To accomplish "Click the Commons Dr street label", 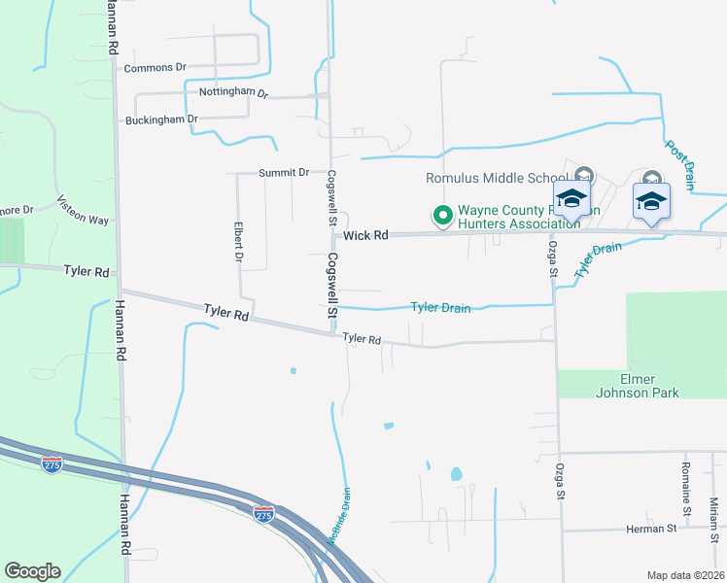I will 155,68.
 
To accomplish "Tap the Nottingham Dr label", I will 232,92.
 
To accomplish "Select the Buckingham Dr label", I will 161,120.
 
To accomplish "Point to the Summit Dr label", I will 284,172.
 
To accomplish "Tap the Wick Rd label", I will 365,235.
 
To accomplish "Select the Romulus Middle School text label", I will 497,178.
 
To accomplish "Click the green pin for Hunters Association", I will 443,215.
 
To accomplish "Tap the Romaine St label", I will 686,495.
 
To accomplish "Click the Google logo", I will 32,571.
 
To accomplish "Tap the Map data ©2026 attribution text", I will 684,575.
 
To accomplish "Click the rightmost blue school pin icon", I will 651,201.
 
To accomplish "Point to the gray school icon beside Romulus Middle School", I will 583,176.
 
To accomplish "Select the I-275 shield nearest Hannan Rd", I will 52,464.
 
